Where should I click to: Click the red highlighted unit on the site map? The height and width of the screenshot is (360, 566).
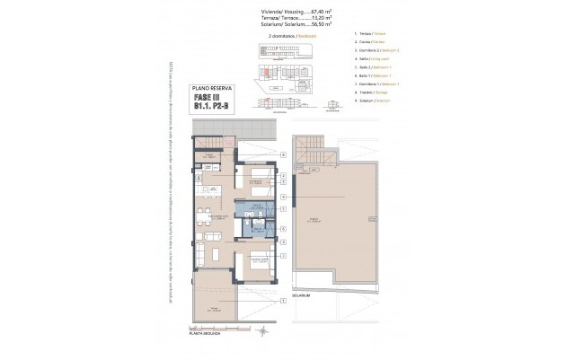pos(268,71)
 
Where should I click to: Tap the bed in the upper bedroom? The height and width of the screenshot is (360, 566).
pos(256,186)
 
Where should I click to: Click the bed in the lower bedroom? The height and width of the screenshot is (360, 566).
pos(256,262)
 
